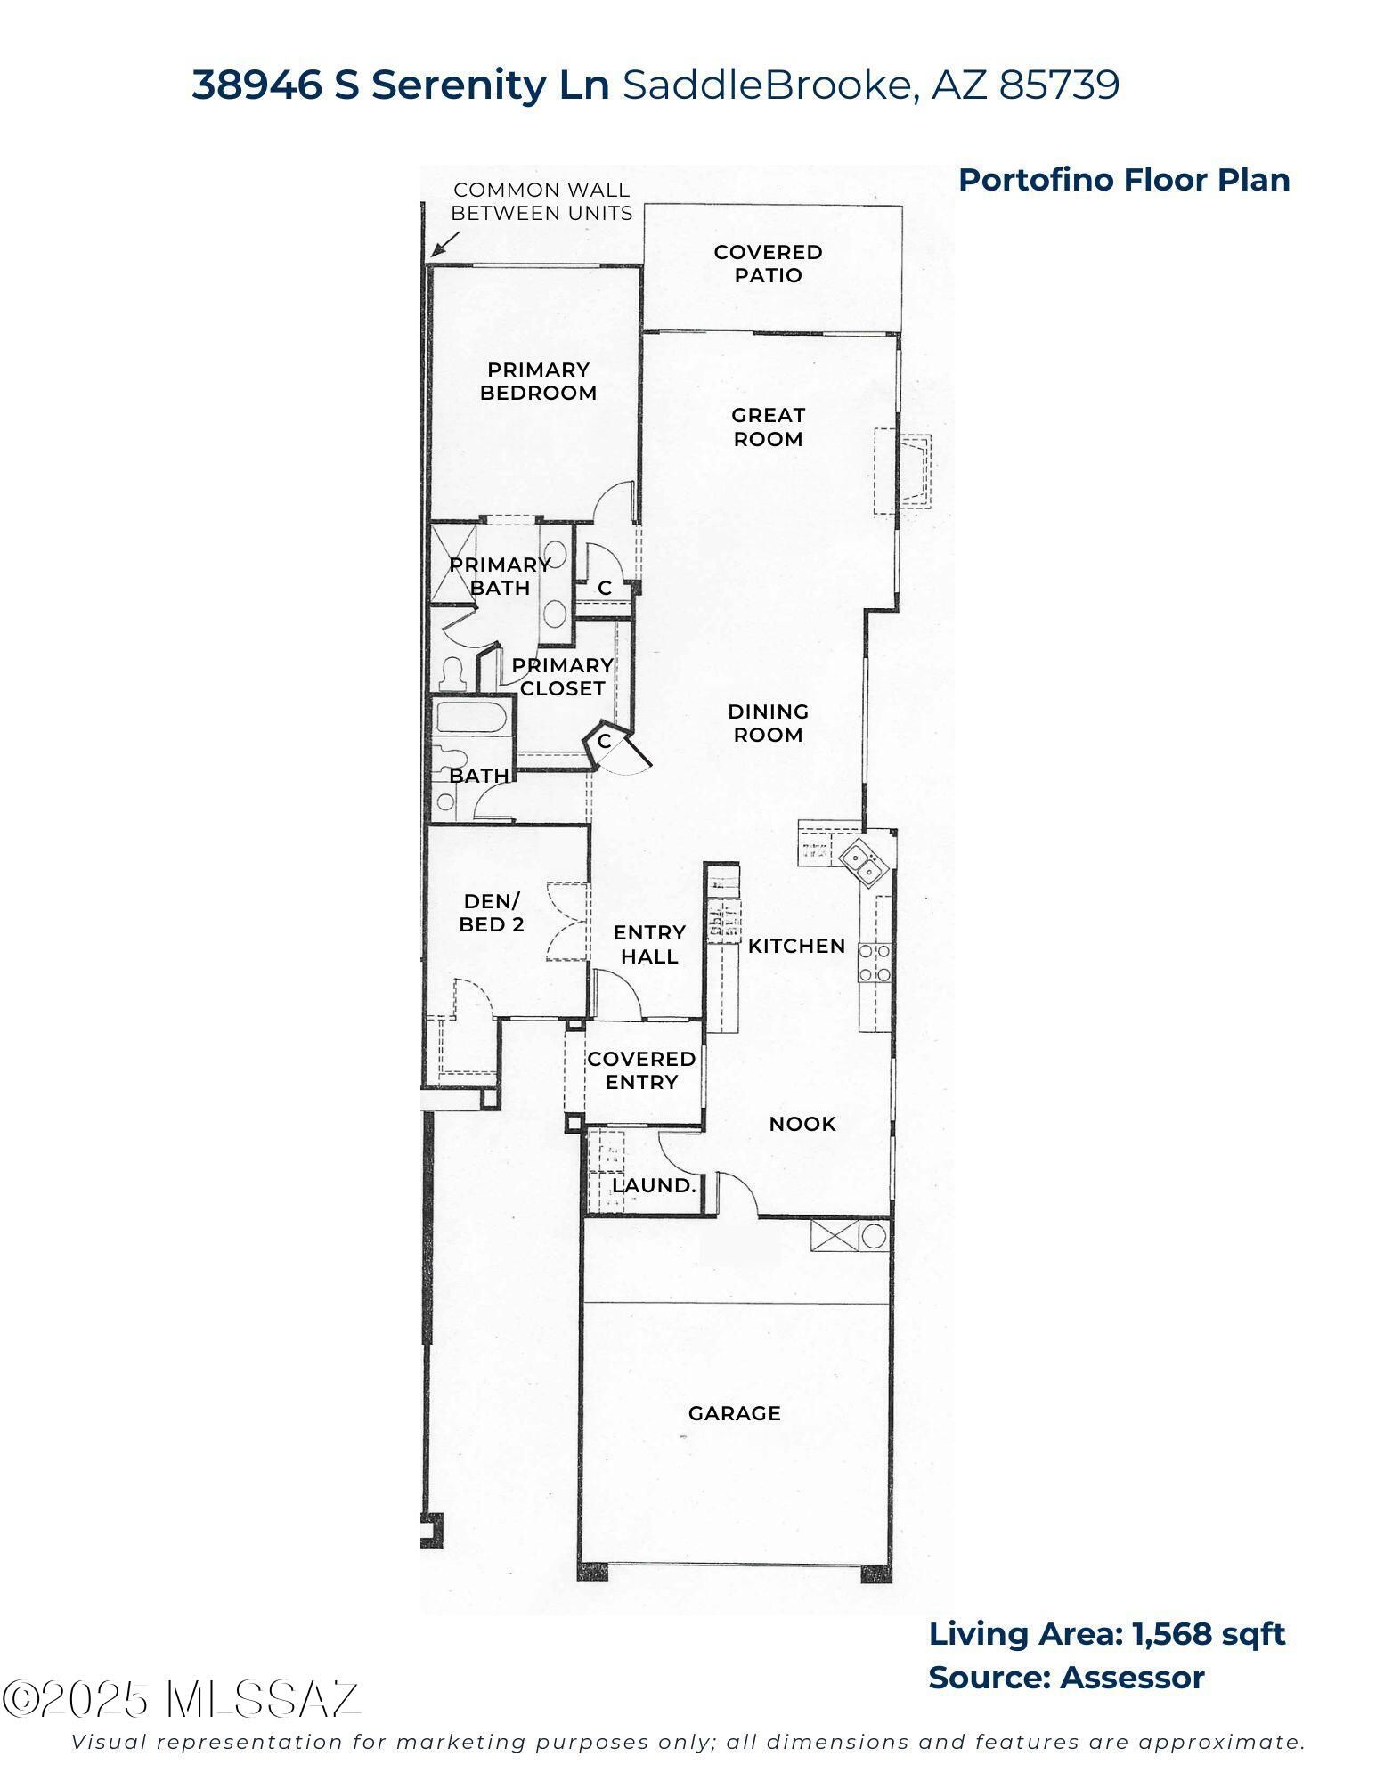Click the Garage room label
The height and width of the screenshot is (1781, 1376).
(734, 1413)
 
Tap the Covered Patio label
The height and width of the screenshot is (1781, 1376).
(768, 264)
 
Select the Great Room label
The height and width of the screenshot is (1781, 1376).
(768, 427)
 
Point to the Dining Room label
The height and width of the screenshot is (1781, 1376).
(768, 723)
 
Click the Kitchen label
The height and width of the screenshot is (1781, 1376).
(796, 946)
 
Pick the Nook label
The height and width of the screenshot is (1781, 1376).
(802, 1124)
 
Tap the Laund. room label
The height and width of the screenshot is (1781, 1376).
(653, 1186)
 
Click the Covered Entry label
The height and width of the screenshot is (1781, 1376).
(641, 1070)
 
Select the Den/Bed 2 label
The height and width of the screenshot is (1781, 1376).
(492, 913)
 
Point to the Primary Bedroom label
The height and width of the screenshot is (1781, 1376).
(538, 381)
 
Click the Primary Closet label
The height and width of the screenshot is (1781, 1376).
(562, 677)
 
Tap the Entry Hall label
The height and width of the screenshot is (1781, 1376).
(649, 944)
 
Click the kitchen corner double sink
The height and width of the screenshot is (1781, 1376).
(860, 860)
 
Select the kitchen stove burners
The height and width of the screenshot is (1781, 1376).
(874, 963)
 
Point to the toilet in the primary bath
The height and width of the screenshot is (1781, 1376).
(452, 673)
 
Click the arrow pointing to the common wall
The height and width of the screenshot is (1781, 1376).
(444, 244)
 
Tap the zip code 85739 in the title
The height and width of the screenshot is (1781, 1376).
(1059, 85)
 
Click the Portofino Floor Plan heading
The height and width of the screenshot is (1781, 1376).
(1124, 180)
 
